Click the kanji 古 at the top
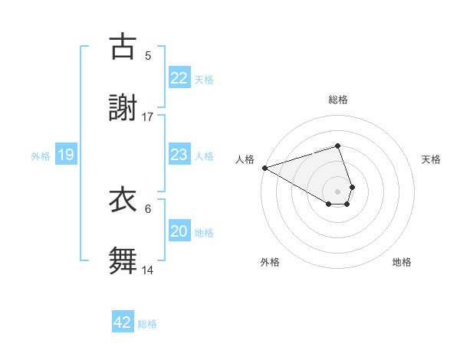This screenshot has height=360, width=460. click(x=123, y=47)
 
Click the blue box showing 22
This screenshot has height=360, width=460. click(x=179, y=78)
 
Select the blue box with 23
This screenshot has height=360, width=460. click(x=179, y=155)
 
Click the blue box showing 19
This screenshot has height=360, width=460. click(x=65, y=155)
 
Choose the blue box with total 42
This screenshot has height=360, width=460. click(x=123, y=322)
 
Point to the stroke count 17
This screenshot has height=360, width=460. click(x=148, y=116)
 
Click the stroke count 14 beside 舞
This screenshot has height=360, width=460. click(x=148, y=270)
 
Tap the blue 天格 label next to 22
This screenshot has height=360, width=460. click(x=204, y=79)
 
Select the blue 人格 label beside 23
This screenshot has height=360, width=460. click(x=204, y=156)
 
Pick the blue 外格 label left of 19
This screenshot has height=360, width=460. click(x=41, y=156)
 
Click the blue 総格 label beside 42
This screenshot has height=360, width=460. click(x=147, y=323)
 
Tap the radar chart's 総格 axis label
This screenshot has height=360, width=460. click(x=337, y=100)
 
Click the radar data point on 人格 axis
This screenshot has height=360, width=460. click(x=264, y=168)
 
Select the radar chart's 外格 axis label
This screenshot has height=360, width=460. click(x=270, y=262)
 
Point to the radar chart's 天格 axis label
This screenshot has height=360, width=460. click(x=431, y=159)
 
